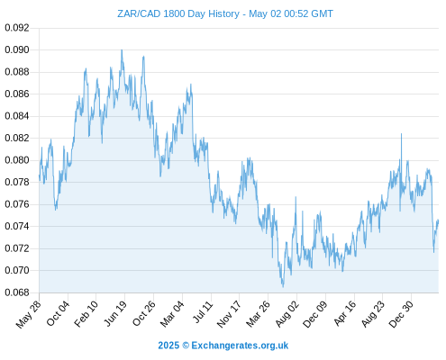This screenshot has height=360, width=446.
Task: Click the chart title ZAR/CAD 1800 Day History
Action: coord(178,13)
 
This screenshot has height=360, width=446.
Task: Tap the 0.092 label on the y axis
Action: coord(17,28)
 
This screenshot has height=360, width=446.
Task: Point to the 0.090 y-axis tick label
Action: coord(17,49)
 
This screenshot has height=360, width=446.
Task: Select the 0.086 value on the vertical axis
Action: coord(17,94)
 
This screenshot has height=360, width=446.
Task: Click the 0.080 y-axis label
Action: coord(17,160)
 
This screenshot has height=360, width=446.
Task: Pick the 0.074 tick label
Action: coord(17,226)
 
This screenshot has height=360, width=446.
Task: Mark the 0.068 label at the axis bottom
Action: coord(17,292)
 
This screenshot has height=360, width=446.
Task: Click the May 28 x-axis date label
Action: coord(29,314)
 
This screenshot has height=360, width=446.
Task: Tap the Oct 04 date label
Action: coord(58,313)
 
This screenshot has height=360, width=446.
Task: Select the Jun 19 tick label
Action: coord(115,313)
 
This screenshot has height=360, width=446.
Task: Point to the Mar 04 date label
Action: coord(172,314)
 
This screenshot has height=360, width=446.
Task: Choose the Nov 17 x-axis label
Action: coord(229,314)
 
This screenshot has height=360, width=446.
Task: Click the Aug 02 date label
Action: coord(287,314)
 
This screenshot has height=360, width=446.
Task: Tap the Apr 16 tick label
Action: coord(345,313)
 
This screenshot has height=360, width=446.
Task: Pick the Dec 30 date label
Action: coord(401,314)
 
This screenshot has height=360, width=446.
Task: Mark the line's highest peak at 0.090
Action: coord(122,50)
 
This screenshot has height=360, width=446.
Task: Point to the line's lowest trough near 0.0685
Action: coord(283,287)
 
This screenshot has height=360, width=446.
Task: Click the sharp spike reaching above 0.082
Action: coord(401,134)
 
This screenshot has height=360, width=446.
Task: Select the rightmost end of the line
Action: coord(438,220)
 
